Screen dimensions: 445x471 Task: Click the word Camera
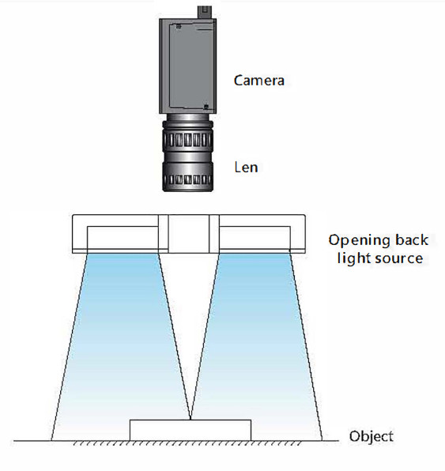(x=259, y=81)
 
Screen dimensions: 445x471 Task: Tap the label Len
(x=246, y=167)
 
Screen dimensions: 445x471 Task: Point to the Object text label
(x=371, y=437)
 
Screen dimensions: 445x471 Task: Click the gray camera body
(x=187, y=66)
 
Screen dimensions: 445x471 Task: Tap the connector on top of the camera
(x=205, y=12)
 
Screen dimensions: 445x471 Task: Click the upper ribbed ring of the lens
(x=188, y=137)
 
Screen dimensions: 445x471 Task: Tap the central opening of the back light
(x=188, y=234)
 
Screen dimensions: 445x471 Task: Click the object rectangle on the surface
(x=190, y=430)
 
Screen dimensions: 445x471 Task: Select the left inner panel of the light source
(x=123, y=238)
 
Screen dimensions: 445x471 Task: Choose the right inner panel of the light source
(x=255, y=238)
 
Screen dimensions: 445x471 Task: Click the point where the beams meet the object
(x=190, y=419)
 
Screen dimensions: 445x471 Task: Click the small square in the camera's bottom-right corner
(x=206, y=107)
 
